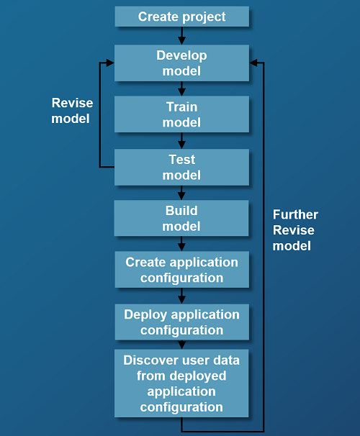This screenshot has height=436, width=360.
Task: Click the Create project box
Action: pos(181,17)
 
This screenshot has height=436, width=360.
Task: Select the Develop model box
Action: pos(181,63)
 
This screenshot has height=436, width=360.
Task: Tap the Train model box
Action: pos(181,114)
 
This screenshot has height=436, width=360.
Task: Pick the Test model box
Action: pos(181,167)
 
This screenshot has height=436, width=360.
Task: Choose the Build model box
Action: pos(181,218)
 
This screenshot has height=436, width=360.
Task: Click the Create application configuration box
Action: pos(181,270)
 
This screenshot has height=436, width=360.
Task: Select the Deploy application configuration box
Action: pos(181,322)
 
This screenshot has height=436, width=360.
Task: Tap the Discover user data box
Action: pos(181,383)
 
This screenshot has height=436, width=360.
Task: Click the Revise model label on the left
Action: pos(71,111)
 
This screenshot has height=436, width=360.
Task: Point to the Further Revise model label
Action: pos(295,230)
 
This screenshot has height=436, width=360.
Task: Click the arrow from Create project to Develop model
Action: pos(181,36)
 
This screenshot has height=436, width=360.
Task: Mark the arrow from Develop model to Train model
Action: pos(181,88)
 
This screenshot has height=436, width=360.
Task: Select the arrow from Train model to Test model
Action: pos(181,141)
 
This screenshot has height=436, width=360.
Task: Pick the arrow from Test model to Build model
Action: pos(181,193)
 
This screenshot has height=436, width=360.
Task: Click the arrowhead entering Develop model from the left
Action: pos(109,63)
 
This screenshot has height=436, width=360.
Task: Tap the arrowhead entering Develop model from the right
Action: pos(254,63)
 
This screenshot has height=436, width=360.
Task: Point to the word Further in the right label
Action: pos(295,215)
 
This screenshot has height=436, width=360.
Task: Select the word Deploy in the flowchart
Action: pos(145,314)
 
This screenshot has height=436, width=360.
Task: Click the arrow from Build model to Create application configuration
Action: pos(181,244)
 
